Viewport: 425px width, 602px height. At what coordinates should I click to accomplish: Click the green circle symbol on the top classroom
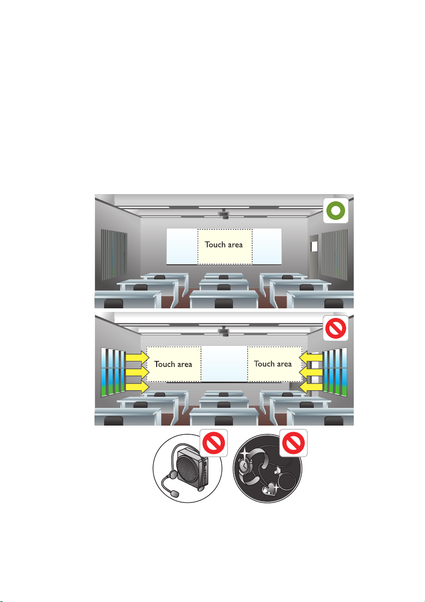tap(336, 211)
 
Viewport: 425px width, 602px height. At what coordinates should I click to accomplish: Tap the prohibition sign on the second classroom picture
tap(336, 328)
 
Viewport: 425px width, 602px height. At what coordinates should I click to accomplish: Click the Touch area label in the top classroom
tap(224, 245)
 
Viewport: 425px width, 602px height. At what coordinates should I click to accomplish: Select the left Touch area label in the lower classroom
tap(173, 364)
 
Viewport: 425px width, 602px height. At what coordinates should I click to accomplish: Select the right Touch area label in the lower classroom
tap(273, 364)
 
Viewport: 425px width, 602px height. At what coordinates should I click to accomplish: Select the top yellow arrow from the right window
tap(312, 357)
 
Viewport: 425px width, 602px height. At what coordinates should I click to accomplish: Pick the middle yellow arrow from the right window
tap(312, 373)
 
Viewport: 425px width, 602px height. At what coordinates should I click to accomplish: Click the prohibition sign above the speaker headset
tap(212, 443)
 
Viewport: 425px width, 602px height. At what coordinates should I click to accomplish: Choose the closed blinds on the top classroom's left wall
tap(112, 254)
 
